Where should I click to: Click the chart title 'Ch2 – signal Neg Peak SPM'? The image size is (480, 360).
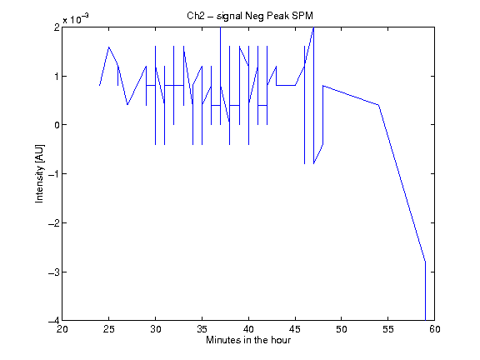pyautogui.click(x=250, y=16)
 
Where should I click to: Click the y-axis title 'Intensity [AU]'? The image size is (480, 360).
pyautogui.click(x=39, y=173)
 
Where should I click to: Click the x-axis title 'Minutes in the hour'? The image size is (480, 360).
pyautogui.click(x=248, y=340)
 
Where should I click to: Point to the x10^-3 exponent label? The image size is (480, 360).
pyautogui.click(x=76, y=19)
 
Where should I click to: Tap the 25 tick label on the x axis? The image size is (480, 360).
pyautogui.click(x=108, y=329)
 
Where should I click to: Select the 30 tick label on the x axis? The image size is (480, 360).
pyautogui.click(x=156, y=329)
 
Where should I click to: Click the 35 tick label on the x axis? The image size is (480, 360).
pyautogui.click(x=202, y=329)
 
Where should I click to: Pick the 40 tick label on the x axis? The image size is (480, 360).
pyautogui.click(x=248, y=329)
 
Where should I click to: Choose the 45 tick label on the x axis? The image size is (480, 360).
pyautogui.click(x=295, y=329)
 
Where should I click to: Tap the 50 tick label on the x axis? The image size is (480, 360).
pyautogui.click(x=342, y=329)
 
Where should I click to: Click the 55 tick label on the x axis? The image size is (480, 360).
pyautogui.click(x=388, y=329)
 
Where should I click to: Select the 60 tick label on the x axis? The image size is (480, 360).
pyautogui.click(x=435, y=329)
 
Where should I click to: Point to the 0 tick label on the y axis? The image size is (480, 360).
pyautogui.click(x=57, y=125)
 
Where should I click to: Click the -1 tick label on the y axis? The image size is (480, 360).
pyautogui.click(x=54, y=174)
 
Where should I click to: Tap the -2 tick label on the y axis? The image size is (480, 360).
pyautogui.click(x=54, y=222)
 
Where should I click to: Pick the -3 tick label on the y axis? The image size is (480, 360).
pyautogui.click(x=54, y=272)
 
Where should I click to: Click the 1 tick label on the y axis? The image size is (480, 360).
pyautogui.click(x=57, y=76)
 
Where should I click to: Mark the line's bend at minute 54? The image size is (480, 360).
pyautogui.click(x=378, y=105)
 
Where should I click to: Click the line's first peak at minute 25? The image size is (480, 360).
pyautogui.click(x=108, y=47)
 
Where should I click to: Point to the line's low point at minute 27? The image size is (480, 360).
pyautogui.click(x=127, y=105)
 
